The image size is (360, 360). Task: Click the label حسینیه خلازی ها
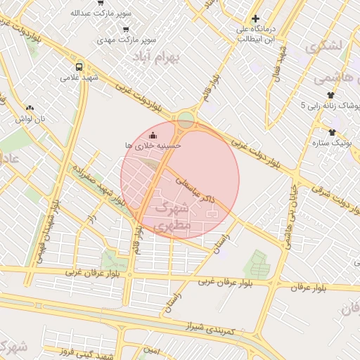coord(153,145)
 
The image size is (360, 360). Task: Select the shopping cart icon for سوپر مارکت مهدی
coord(126,30)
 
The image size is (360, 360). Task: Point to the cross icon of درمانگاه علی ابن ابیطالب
coord(256,19)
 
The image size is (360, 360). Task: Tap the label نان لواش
coord(31,119)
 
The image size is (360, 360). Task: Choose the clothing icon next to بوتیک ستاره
coord(332,131)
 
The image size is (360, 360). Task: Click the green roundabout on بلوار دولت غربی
coord(186,120)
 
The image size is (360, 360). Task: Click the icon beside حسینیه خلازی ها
coord(154,134)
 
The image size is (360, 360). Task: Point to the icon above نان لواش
coord(30,108)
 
